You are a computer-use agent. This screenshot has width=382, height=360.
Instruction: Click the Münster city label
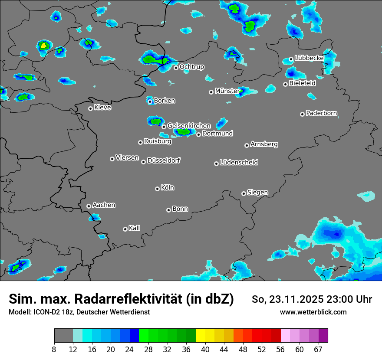tap(227, 91)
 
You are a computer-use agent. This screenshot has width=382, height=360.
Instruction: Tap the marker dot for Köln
tap(157, 189)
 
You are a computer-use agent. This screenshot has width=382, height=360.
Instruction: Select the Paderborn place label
tap(321, 113)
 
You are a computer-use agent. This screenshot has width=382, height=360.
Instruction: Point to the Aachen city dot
tap(89, 206)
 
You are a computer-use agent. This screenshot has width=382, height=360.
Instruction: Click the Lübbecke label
tap(309, 58)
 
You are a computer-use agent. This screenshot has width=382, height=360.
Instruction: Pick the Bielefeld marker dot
tap(285, 84)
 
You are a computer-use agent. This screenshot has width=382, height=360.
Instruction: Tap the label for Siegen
tap(257, 192)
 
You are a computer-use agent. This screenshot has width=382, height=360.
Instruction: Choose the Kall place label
tap(134, 228)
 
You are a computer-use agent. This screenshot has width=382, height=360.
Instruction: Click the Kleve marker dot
tap(90, 108)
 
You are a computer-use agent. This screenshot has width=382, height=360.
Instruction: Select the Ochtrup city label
tap(191, 66)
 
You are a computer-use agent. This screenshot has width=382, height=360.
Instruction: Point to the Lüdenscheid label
tap(239, 162)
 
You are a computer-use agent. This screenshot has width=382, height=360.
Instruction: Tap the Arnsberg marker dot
tap(247, 145)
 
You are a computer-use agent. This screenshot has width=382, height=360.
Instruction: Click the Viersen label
tap(127, 157)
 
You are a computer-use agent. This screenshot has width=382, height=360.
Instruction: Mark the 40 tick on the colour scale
tap(205, 349)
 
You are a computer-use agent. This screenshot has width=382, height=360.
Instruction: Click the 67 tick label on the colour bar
tap(318, 349)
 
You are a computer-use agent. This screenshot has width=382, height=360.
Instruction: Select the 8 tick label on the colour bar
tap(54, 349)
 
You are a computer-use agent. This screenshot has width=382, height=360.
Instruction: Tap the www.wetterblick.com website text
tap(313, 312)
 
